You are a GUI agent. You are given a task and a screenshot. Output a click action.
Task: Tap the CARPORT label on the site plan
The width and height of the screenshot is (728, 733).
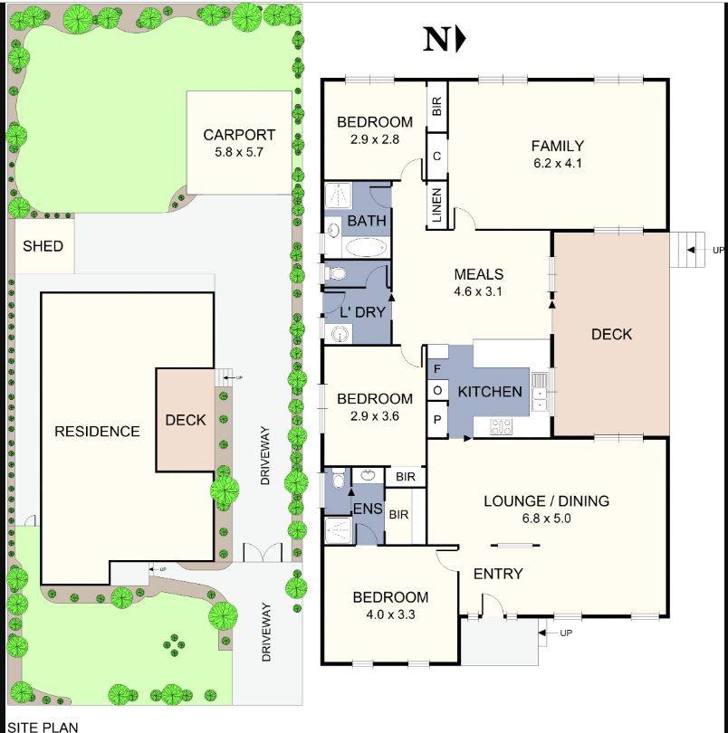pyautogui.click(x=239, y=136)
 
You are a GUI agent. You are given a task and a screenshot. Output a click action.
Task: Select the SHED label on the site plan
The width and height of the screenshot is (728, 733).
pyautogui.click(x=43, y=245)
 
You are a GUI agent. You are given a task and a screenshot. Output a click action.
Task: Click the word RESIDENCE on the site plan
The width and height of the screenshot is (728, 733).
pyautogui.click(x=97, y=432)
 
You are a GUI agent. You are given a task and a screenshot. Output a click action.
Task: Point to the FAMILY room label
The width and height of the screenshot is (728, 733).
pyautogui.click(x=557, y=146)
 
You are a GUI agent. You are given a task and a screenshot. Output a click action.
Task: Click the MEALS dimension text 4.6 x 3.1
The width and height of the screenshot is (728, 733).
pyautogui.click(x=478, y=291)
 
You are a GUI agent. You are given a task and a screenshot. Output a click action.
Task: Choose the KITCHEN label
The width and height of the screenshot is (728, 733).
pyautogui.click(x=490, y=392)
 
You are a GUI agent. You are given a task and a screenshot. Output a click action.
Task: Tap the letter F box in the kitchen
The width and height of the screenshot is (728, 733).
pyautogui.click(x=436, y=369)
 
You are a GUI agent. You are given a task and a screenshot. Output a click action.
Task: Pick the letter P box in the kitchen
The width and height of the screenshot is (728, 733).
pyautogui.click(x=436, y=419)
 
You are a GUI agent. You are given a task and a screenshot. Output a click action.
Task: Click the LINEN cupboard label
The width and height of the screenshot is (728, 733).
pyautogui.click(x=436, y=205)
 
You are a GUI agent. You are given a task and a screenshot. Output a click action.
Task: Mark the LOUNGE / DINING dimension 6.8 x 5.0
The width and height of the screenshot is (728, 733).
pyautogui.click(x=545, y=519)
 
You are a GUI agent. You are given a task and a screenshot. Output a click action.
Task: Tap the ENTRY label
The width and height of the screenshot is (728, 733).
pyautogui.click(x=498, y=574)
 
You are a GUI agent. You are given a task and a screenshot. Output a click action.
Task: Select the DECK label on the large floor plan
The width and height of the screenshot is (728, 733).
pyautogui.click(x=611, y=334)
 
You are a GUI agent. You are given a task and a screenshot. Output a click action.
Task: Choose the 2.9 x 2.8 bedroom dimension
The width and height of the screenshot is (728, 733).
pyautogui.click(x=375, y=139)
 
